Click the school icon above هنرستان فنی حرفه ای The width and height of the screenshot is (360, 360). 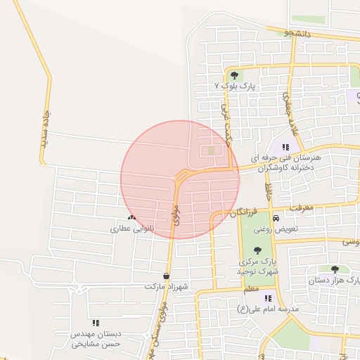285,147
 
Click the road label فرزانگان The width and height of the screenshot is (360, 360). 245,211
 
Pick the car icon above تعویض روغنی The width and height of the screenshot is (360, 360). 276,218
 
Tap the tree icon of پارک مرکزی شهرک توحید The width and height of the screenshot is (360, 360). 257,250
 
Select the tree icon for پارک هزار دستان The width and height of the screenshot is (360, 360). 334,269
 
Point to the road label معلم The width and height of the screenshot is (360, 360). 250,288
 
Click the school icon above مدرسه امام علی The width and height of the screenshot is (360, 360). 268,298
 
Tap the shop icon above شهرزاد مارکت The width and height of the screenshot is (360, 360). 166,276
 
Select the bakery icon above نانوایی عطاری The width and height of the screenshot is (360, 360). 131,218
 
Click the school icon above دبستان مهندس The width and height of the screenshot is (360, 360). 96,322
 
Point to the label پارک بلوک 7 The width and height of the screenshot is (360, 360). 234,85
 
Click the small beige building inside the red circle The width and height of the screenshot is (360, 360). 212,150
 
